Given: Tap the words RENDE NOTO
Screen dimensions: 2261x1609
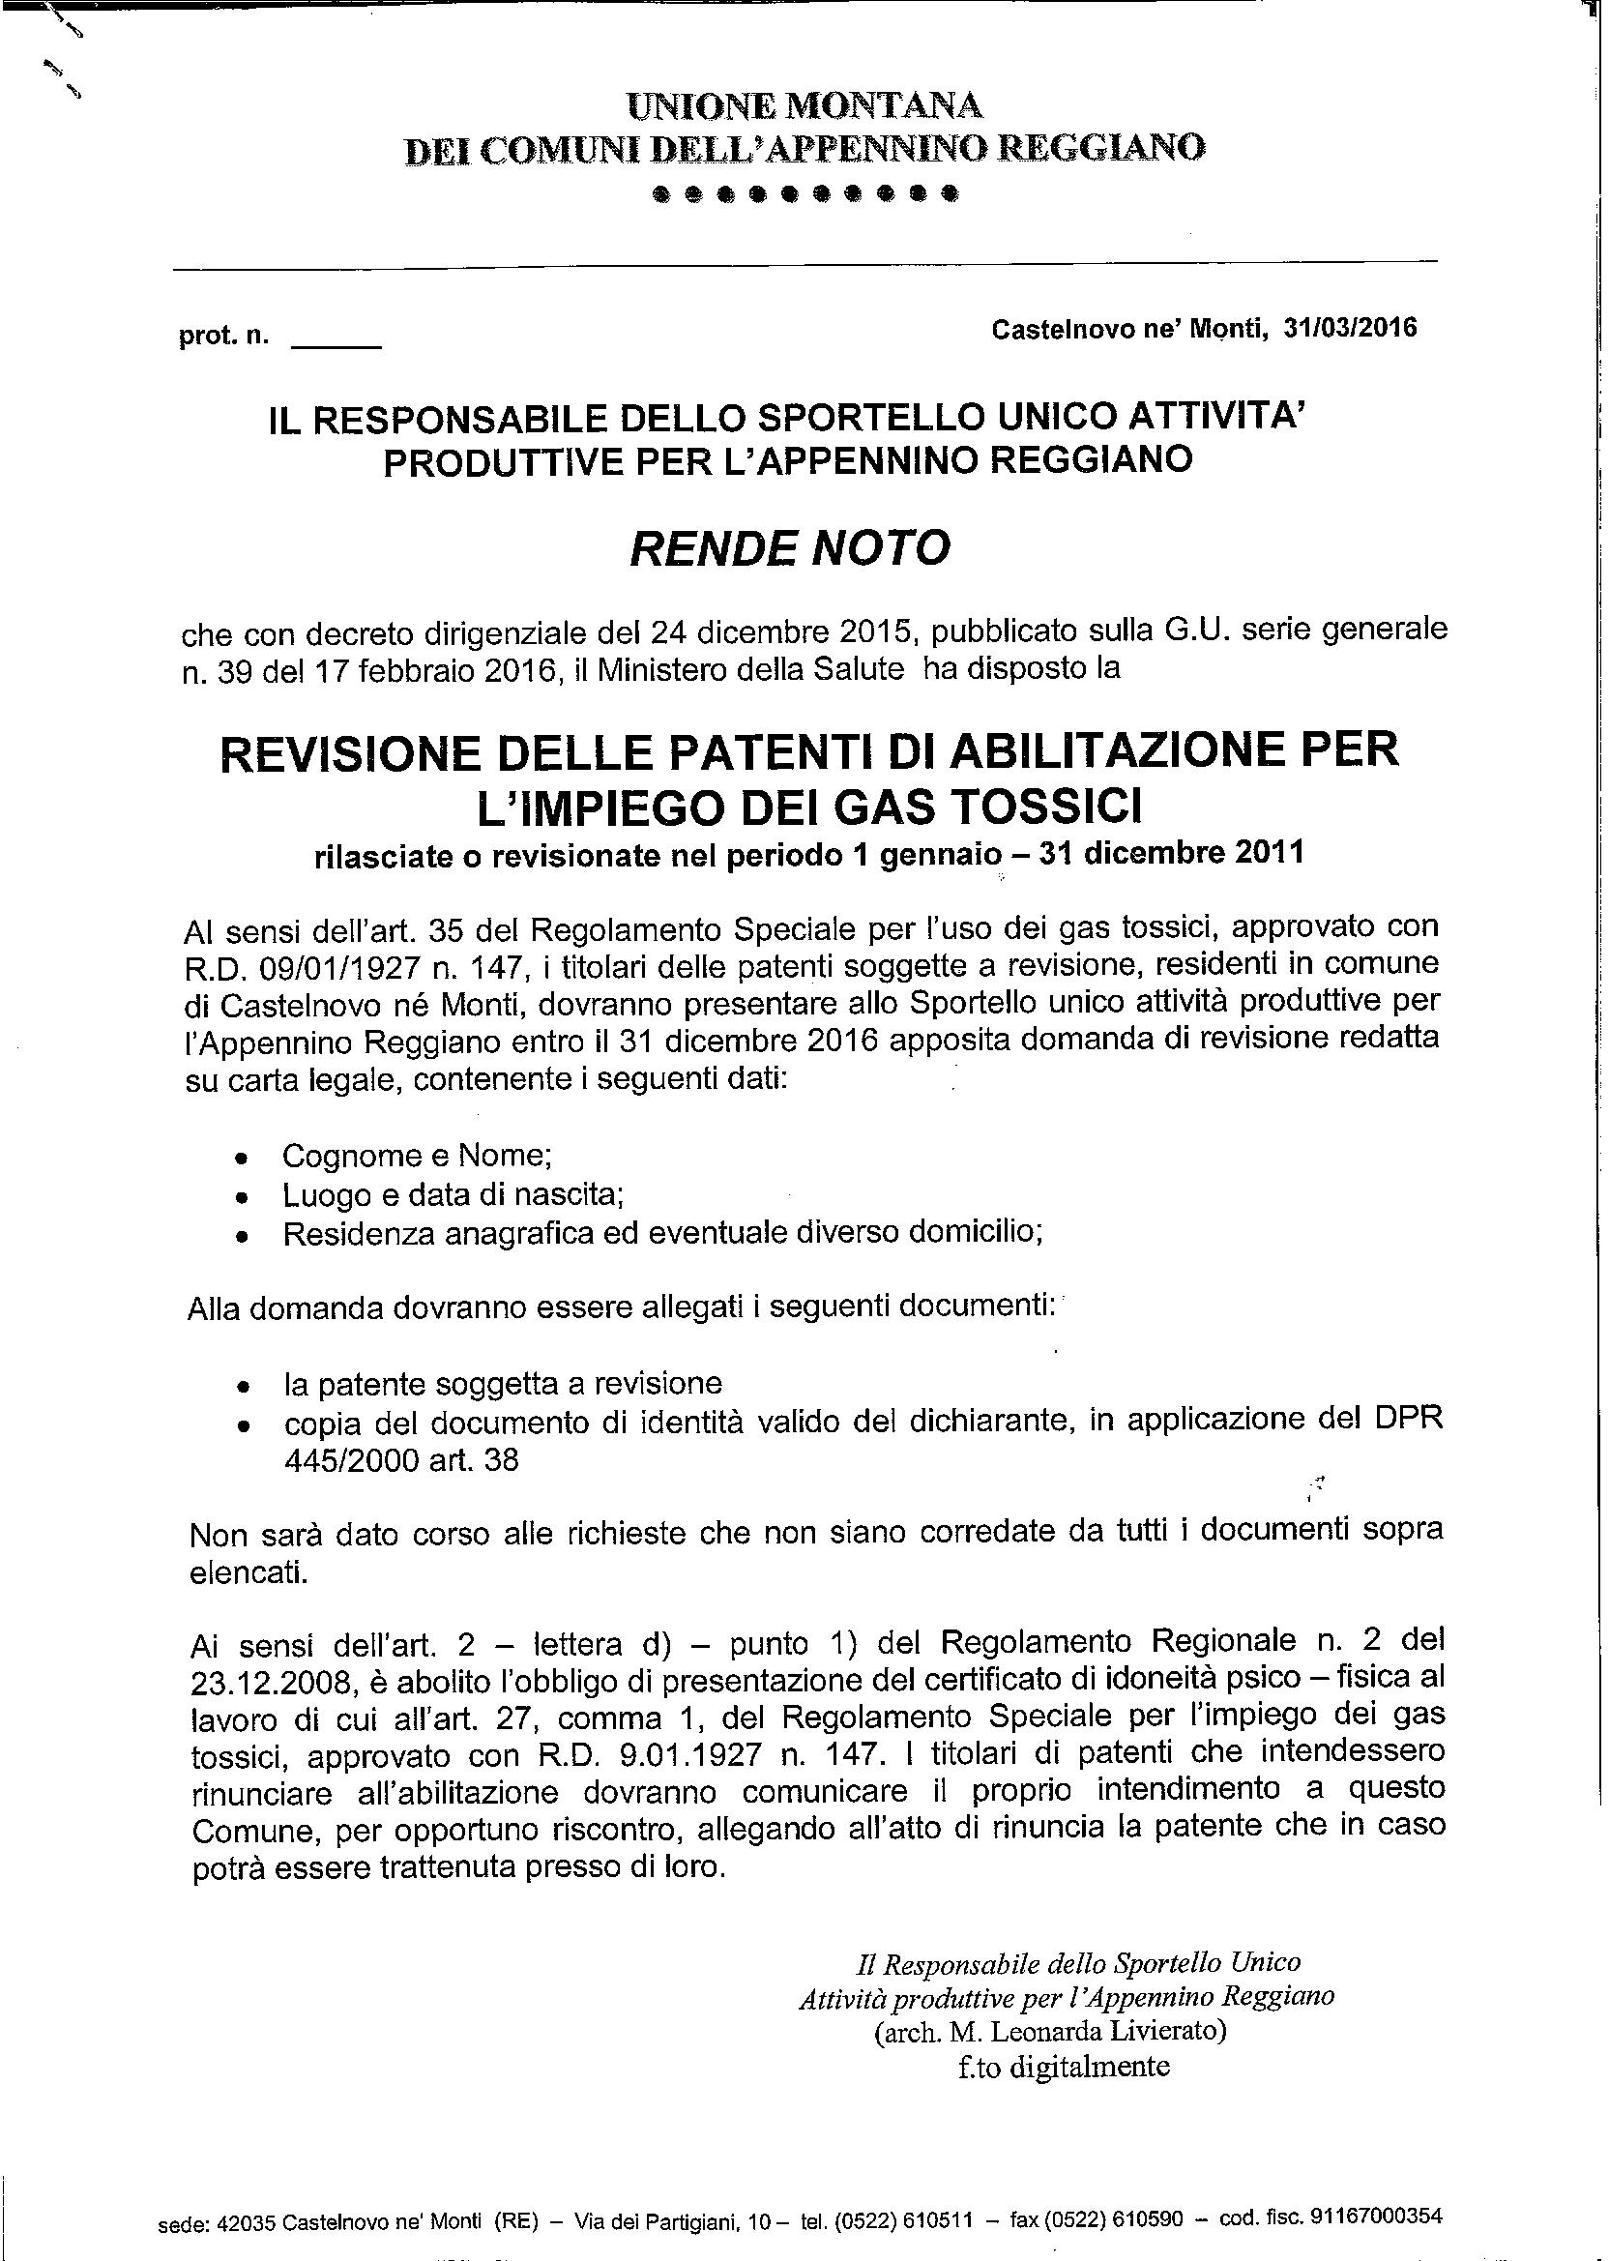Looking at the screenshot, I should point(790,547).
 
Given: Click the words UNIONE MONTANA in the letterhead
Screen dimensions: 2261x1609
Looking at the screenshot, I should point(805,105).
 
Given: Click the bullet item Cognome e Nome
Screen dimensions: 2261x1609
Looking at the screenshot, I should point(417,1156).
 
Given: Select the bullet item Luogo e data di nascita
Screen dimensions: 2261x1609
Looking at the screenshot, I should point(453,1195).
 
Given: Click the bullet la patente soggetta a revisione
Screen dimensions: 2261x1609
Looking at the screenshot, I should point(502,1382).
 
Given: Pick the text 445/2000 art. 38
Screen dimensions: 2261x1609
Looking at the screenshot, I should point(401,1460).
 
